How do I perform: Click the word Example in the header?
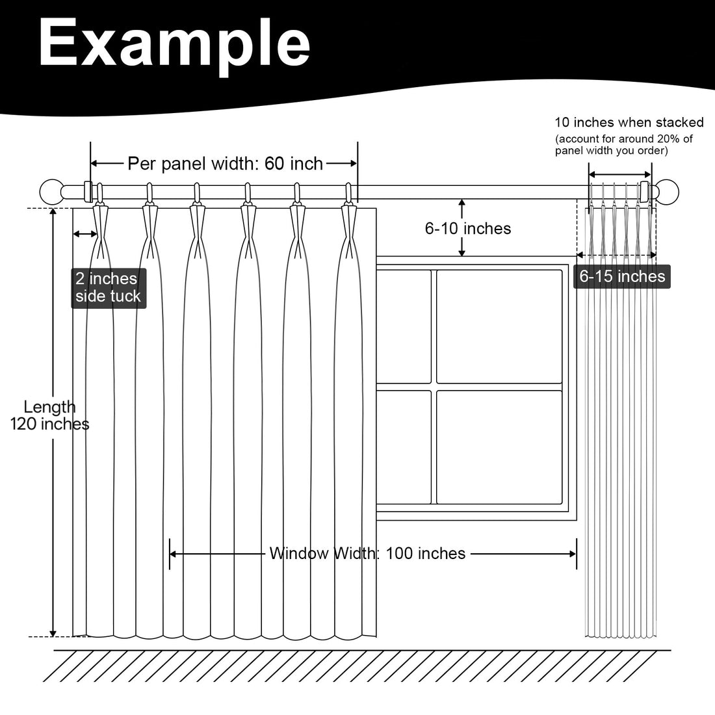coord(175,45)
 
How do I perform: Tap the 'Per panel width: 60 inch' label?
coord(226,163)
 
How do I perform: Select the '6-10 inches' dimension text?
coord(468,228)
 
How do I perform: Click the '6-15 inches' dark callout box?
coord(622,276)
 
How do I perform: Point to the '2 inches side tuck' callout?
coord(109,288)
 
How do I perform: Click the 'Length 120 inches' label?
coord(49,415)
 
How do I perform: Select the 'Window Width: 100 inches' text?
coord(367,553)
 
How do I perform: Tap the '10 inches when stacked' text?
coord(629,122)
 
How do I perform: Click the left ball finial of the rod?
coord(52,192)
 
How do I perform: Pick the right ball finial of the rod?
coord(667,192)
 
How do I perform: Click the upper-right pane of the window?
coord(499,326)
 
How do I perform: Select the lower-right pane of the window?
coord(499,447)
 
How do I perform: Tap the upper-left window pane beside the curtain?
coord(404,326)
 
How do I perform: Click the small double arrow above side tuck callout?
coord(85,234)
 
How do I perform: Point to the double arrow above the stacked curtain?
coord(619,174)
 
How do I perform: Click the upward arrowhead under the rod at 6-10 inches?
coord(462,203)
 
